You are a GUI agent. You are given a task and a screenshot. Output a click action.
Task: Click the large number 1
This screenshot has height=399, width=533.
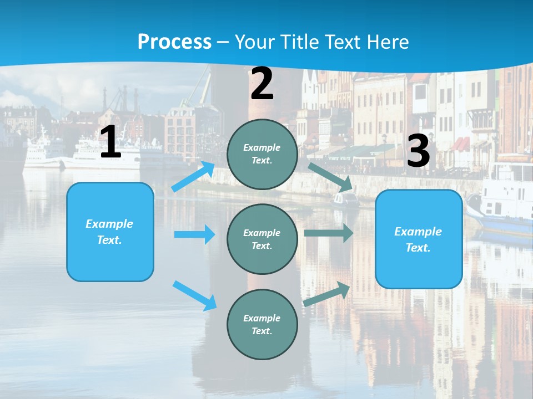(110, 142)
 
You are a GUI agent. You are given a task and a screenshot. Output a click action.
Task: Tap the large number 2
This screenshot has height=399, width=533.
(262, 84)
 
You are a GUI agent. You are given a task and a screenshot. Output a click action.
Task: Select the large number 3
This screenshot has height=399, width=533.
(418, 151)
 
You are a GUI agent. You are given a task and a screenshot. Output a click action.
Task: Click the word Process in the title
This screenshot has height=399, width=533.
(174, 42)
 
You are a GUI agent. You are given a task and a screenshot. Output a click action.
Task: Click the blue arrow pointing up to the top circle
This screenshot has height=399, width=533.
(193, 177)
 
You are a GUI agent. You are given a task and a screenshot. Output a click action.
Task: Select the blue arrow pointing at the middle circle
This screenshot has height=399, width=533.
(194, 234)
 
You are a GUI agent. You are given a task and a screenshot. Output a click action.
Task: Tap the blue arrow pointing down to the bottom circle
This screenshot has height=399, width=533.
(194, 295)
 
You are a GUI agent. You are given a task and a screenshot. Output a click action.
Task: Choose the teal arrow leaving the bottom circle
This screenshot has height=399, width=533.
(327, 294)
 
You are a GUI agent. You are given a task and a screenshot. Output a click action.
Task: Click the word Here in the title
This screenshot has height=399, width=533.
(388, 42)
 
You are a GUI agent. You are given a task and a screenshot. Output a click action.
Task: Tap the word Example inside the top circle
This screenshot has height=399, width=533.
(262, 147)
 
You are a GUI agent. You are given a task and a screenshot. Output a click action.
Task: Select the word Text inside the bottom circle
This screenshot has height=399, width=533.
(261, 331)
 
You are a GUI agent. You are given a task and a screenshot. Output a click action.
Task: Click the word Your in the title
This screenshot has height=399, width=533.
(253, 42)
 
